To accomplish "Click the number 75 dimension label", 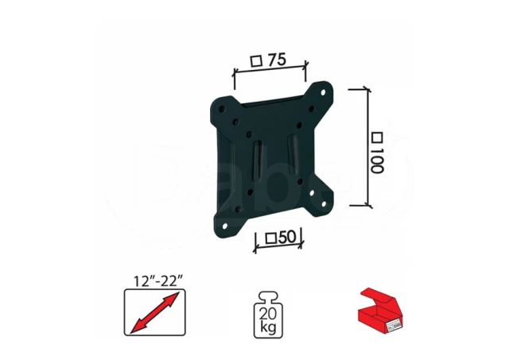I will pyautogui.click(x=276, y=59).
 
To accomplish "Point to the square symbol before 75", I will pyautogui.click(x=256, y=60).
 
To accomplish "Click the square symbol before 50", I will pyautogui.click(x=270, y=238).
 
